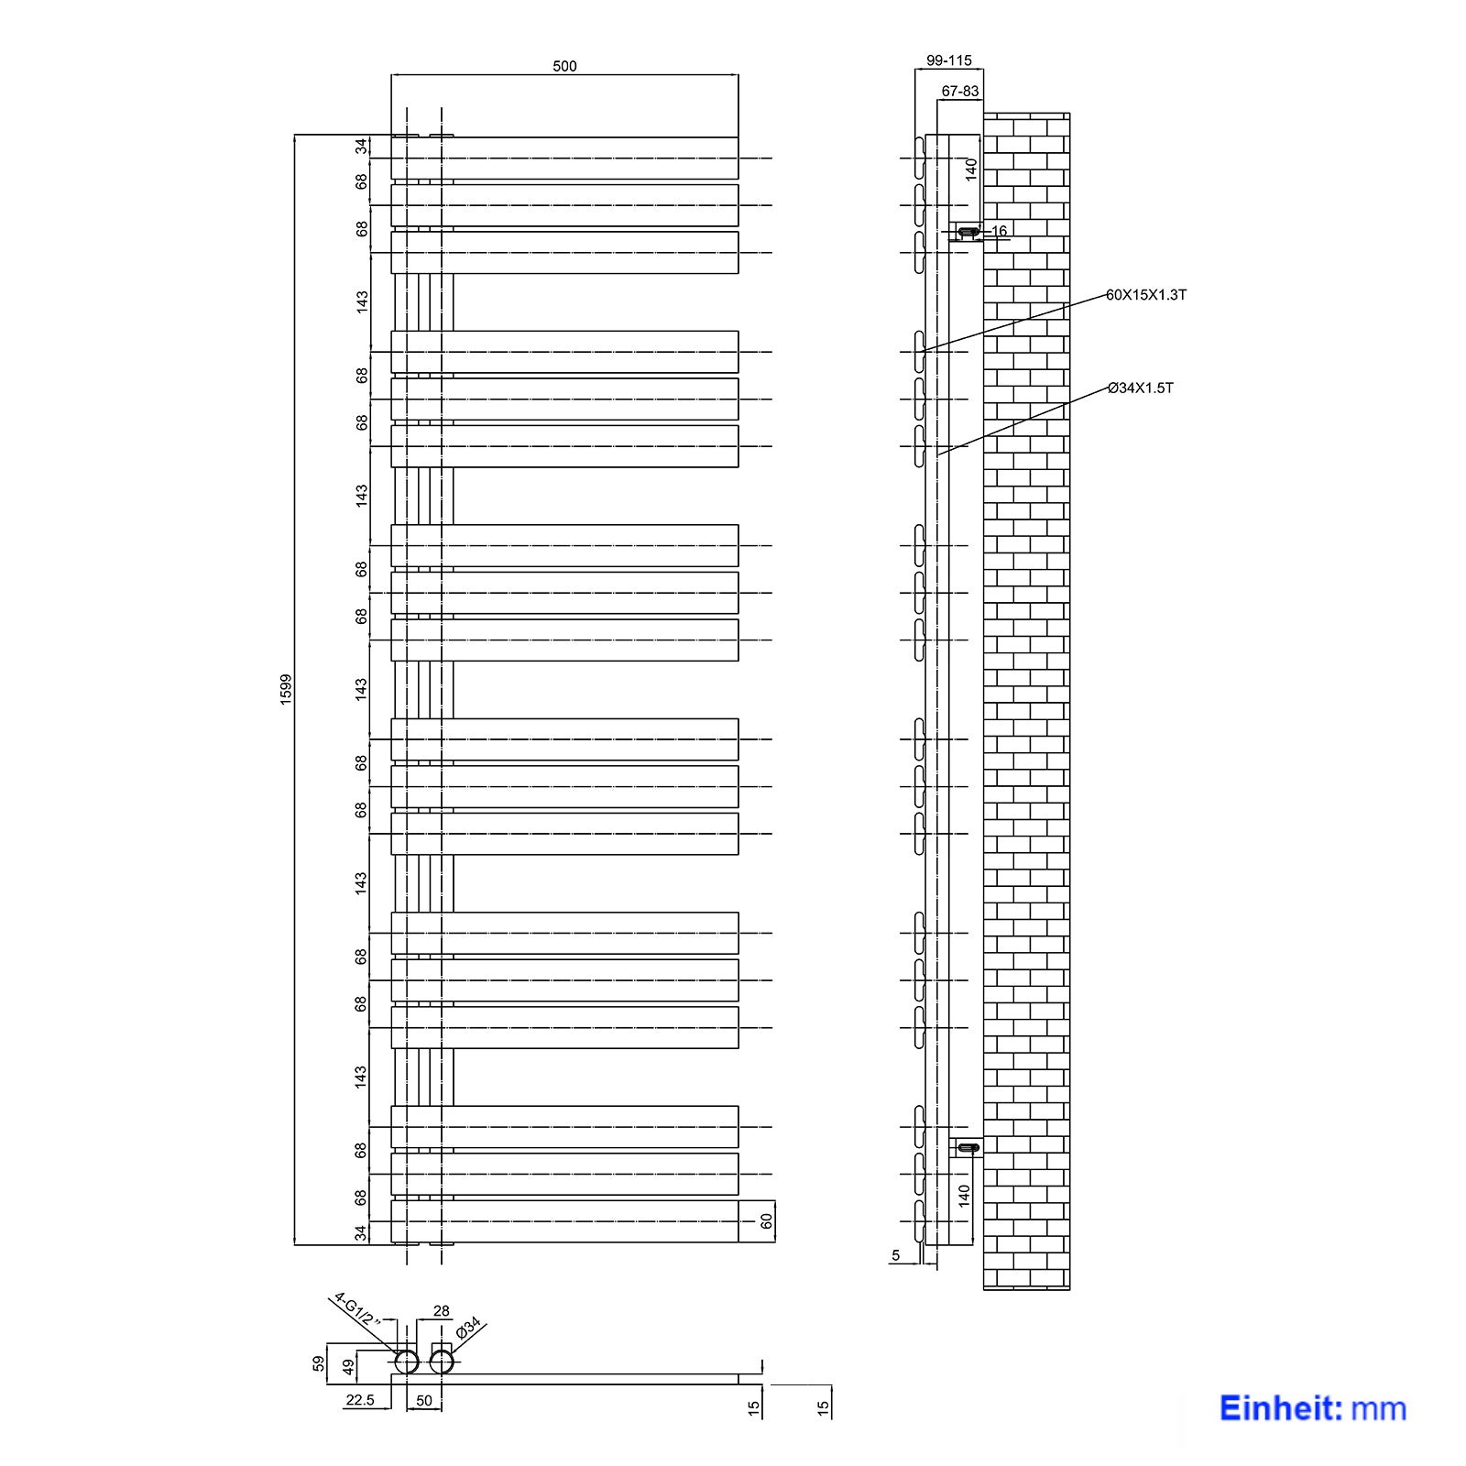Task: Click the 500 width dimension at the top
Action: (x=564, y=66)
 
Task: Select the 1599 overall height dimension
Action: (x=286, y=689)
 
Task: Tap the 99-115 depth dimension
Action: (x=948, y=60)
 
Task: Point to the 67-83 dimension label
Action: (x=959, y=91)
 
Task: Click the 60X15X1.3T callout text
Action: (x=1145, y=295)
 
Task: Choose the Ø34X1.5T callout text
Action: (x=1140, y=388)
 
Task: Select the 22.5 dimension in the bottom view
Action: (x=359, y=1400)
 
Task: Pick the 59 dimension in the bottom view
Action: (x=319, y=1363)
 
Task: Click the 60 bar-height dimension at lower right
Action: (x=766, y=1221)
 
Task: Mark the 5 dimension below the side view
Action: (x=895, y=1255)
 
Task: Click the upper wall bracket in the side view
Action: (x=967, y=233)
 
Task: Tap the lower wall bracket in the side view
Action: (x=967, y=1147)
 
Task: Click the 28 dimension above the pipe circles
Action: (x=441, y=1311)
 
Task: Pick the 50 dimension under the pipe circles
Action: (x=424, y=1400)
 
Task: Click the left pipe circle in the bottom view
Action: (x=407, y=1362)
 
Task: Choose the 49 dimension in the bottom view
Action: (x=348, y=1367)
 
